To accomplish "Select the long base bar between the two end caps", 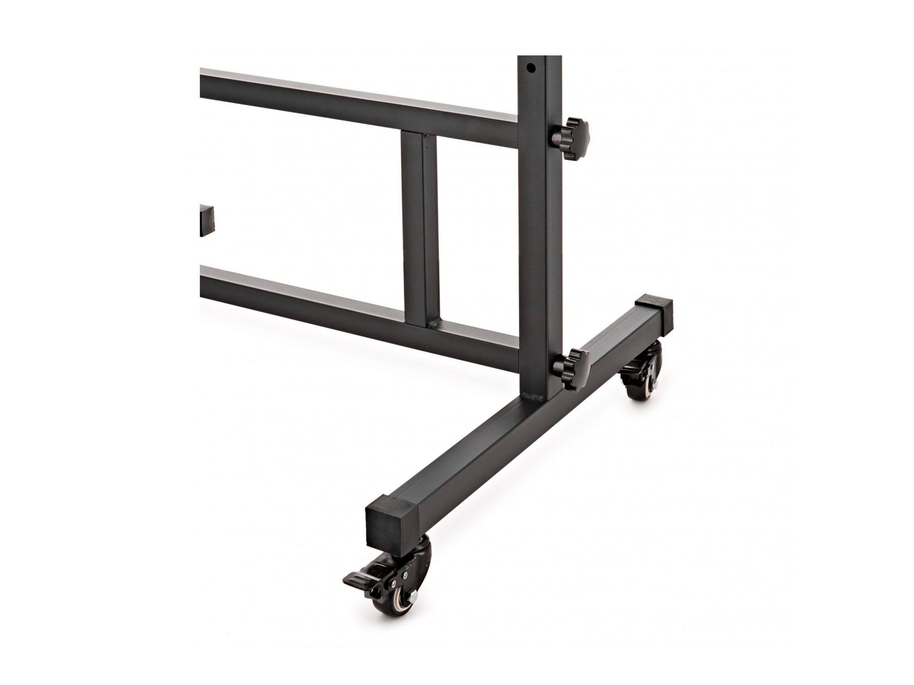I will tap(512, 425).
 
